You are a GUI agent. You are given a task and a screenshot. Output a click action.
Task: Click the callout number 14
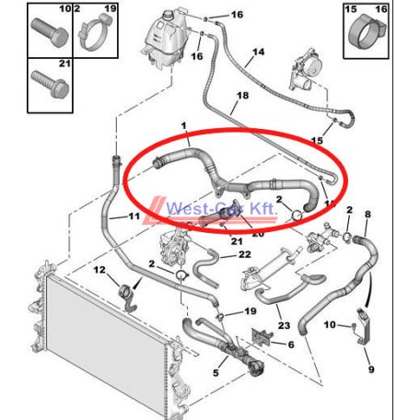[x=258, y=52]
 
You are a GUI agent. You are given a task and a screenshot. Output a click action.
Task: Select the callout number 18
[x=242, y=96]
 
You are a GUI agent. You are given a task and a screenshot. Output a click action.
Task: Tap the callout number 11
[x=134, y=216]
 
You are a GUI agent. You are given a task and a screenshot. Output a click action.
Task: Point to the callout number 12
[x=99, y=270]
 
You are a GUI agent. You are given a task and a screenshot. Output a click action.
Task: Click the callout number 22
[x=245, y=254]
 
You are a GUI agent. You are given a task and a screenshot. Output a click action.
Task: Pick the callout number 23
[x=284, y=325]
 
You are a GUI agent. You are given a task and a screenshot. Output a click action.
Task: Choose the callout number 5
[x=216, y=373]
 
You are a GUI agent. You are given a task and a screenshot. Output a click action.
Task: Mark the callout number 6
[x=291, y=344]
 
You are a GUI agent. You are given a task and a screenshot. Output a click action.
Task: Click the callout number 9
[x=371, y=369]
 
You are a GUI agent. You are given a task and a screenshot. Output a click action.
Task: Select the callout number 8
[x=367, y=214]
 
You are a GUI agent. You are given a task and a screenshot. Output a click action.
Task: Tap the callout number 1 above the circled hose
[x=184, y=126]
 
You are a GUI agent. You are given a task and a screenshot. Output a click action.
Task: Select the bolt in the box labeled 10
[x=50, y=32]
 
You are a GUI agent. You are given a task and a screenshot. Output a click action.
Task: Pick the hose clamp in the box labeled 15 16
[x=366, y=32]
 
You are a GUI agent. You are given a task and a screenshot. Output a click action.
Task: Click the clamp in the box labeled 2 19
[x=96, y=32]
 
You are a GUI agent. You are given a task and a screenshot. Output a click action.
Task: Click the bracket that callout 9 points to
[x=365, y=326]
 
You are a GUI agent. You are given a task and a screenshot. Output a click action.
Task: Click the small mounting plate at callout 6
[x=262, y=337]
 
